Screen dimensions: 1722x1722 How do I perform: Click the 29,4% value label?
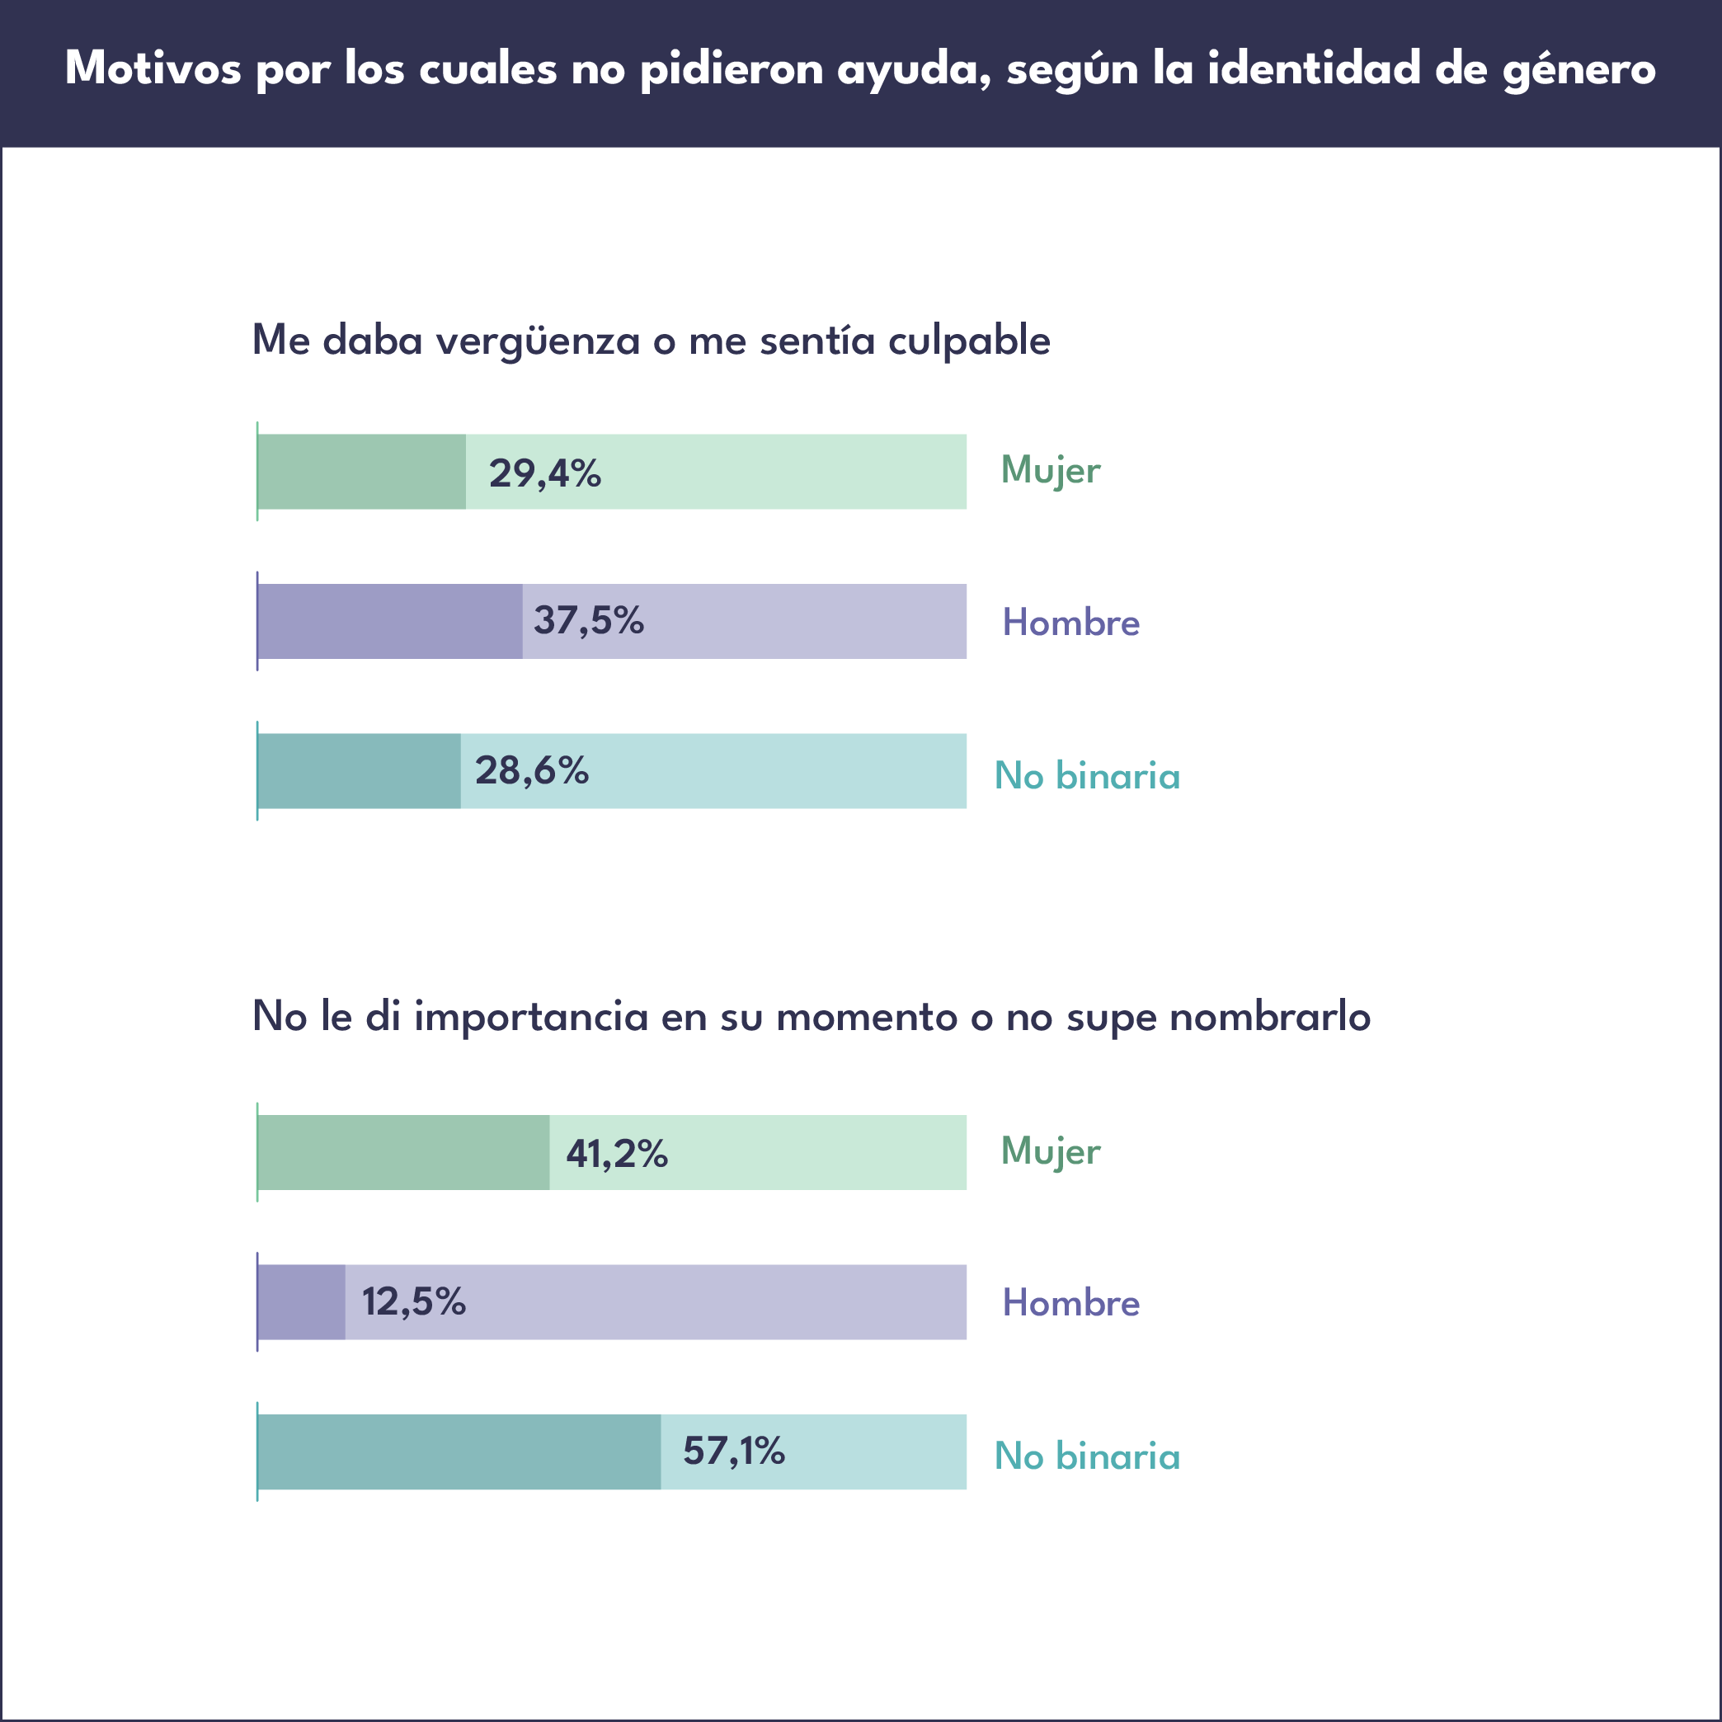[x=544, y=473]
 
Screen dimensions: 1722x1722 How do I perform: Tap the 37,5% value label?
[x=588, y=620]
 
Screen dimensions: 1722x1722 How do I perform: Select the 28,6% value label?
[x=531, y=770]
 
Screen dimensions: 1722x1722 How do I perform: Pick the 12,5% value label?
[x=413, y=1301]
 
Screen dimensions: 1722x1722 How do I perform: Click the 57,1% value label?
[x=733, y=1451]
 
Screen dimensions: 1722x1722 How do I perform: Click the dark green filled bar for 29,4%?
[x=362, y=472]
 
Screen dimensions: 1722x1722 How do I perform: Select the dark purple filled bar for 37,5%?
[x=390, y=621]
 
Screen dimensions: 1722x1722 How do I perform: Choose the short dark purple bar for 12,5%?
[x=302, y=1301]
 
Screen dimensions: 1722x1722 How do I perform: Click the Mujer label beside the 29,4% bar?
[x=1050, y=471]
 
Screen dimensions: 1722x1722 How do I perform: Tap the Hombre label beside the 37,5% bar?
[x=1070, y=622]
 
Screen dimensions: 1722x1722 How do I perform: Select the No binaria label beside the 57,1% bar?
[x=1086, y=1456]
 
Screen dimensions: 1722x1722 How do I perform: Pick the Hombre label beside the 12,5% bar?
[x=1070, y=1303]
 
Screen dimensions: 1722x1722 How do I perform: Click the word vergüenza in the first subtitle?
[x=538, y=341]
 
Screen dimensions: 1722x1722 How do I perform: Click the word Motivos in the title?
[x=153, y=68]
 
